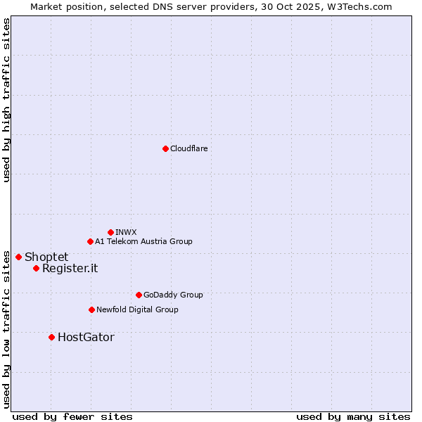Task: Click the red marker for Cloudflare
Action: point(165,148)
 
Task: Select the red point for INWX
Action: point(110,232)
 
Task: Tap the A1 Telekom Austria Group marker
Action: point(90,241)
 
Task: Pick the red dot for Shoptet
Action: point(18,257)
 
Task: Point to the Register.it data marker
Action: point(36,268)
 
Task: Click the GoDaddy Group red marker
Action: point(139,295)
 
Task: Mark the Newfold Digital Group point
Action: point(91,309)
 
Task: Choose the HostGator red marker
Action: point(51,337)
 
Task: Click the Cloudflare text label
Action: point(189,148)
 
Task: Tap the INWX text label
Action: point(126,232)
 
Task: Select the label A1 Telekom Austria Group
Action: point(143,241)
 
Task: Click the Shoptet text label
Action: point(46,257)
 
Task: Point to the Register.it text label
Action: point(70,268)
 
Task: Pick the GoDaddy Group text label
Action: point(173,295)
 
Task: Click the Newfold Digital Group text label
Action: point(137,309)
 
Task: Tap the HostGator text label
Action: point(86,337)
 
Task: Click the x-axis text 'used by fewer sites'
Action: point(72,416)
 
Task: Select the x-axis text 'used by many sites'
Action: point(353,416)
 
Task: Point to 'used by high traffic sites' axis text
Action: point(6,101)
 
